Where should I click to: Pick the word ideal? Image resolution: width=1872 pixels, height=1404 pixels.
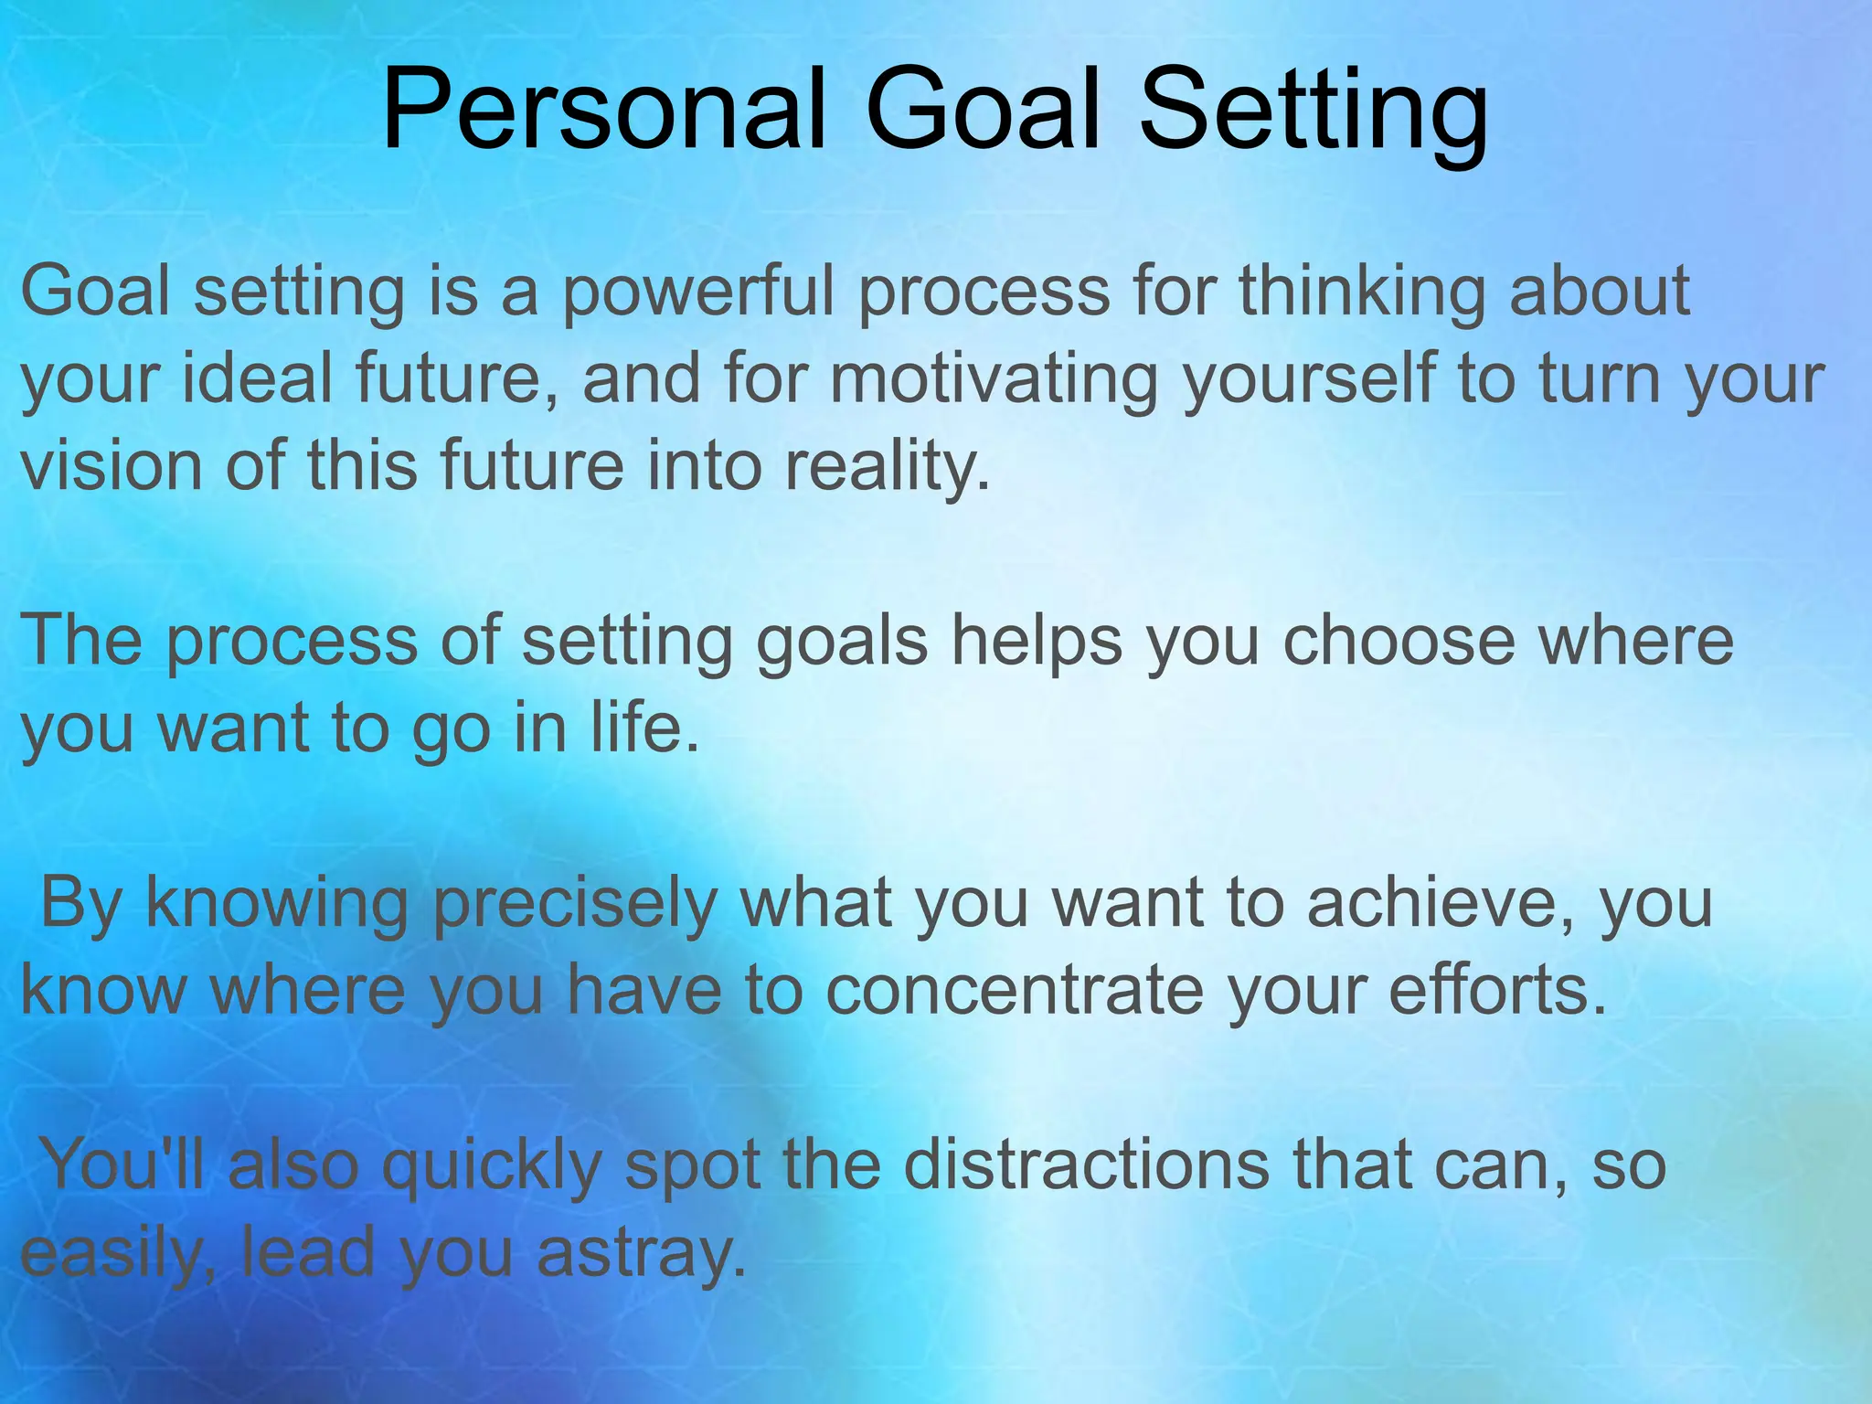coord(257,379)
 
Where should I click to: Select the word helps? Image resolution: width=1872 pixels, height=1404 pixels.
coord(1037,642)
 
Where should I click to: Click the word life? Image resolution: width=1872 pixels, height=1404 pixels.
coord(645,729)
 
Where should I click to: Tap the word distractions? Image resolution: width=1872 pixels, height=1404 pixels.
coord(1086,1166)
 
